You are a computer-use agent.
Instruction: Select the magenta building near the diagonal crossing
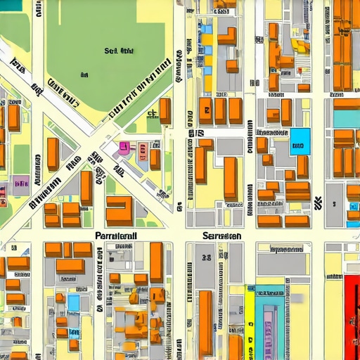click(124, 147)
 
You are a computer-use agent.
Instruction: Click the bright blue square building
click(300, 141)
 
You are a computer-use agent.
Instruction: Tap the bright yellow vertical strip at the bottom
click(250, 320)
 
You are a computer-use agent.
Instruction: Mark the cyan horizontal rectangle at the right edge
click(347, 117)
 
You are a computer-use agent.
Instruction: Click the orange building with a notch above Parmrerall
click(118, 210)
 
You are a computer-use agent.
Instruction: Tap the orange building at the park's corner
click(165, 110)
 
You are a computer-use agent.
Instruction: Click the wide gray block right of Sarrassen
click(281, 264)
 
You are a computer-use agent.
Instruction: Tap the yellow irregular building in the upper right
click(301, 46)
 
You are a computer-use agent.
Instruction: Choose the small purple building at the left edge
click(20, 186)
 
